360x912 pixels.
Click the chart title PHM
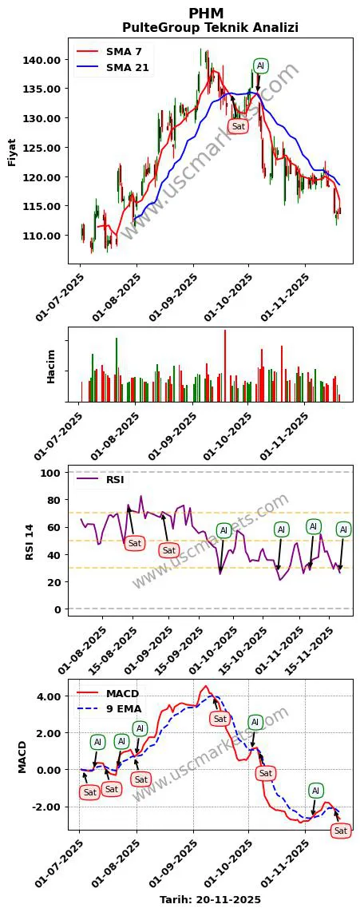pos(206,14)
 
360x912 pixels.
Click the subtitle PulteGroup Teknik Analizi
pos(210,28)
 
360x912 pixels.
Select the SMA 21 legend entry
pos(127,68)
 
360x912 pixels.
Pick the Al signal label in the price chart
pos(260,65)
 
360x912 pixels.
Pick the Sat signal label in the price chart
pos(238,126)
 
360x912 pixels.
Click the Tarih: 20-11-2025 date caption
pos(210,899)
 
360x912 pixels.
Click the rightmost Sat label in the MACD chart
pos(341,831)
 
